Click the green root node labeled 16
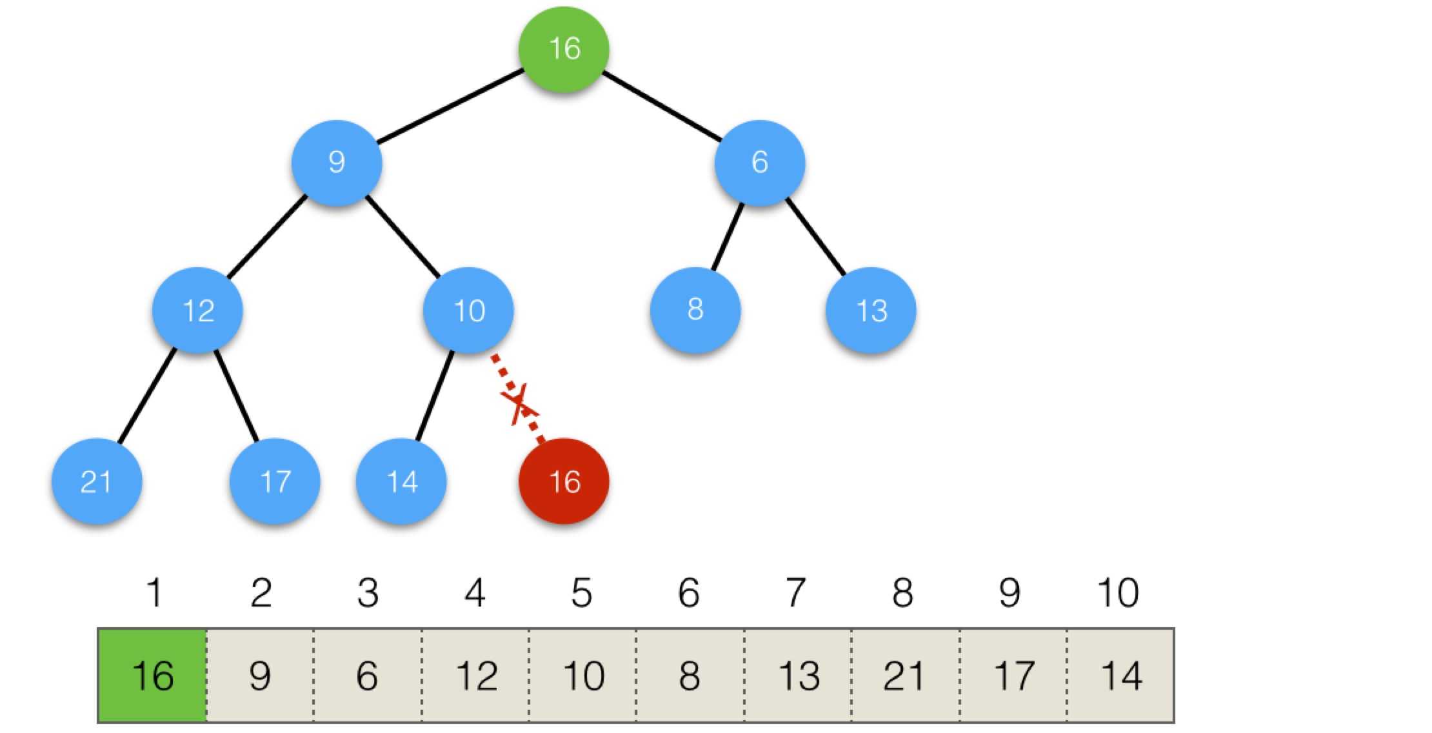[564, 49]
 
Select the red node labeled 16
[564, 481]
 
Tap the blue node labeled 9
[337, 162]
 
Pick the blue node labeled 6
[759, 162]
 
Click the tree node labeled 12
[197, 310]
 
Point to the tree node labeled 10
[468, 310]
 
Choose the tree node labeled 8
[695, 309]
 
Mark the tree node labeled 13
[871, 310]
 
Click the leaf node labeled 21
[97, 481]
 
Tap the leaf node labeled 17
[275, 481]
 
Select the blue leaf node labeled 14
[401, 481]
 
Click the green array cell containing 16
[153, 676]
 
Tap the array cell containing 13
[799, 676]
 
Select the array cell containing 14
[1121, 676]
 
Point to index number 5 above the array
[581, 592]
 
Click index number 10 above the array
[1118, 592]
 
